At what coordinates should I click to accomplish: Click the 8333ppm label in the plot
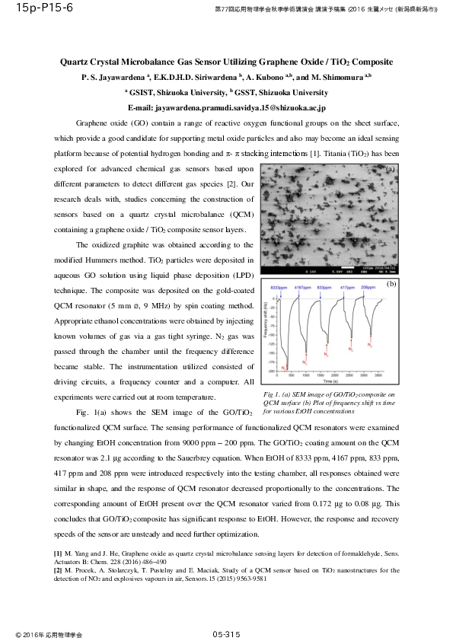click(279, 288)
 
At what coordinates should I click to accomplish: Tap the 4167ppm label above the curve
click(302, 288)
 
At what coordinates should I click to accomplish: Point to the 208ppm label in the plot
click(368, 288)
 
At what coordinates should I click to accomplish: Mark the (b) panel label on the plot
click(391, 283)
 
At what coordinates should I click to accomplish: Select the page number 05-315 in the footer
click(226, 633)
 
